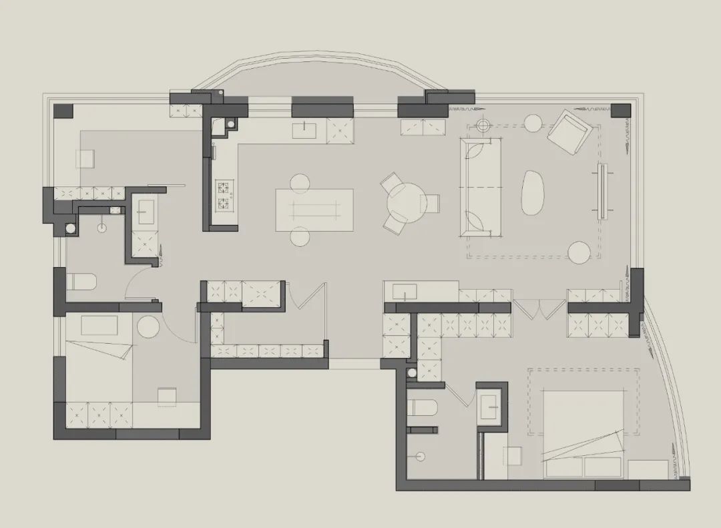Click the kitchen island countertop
(x=314, y=210)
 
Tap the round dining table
(x=405, y=202)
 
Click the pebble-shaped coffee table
(x=533, y=193)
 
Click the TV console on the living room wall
(x=602, y=191)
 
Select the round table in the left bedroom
(x=148, y=327)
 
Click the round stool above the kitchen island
(x=300, y=182)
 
